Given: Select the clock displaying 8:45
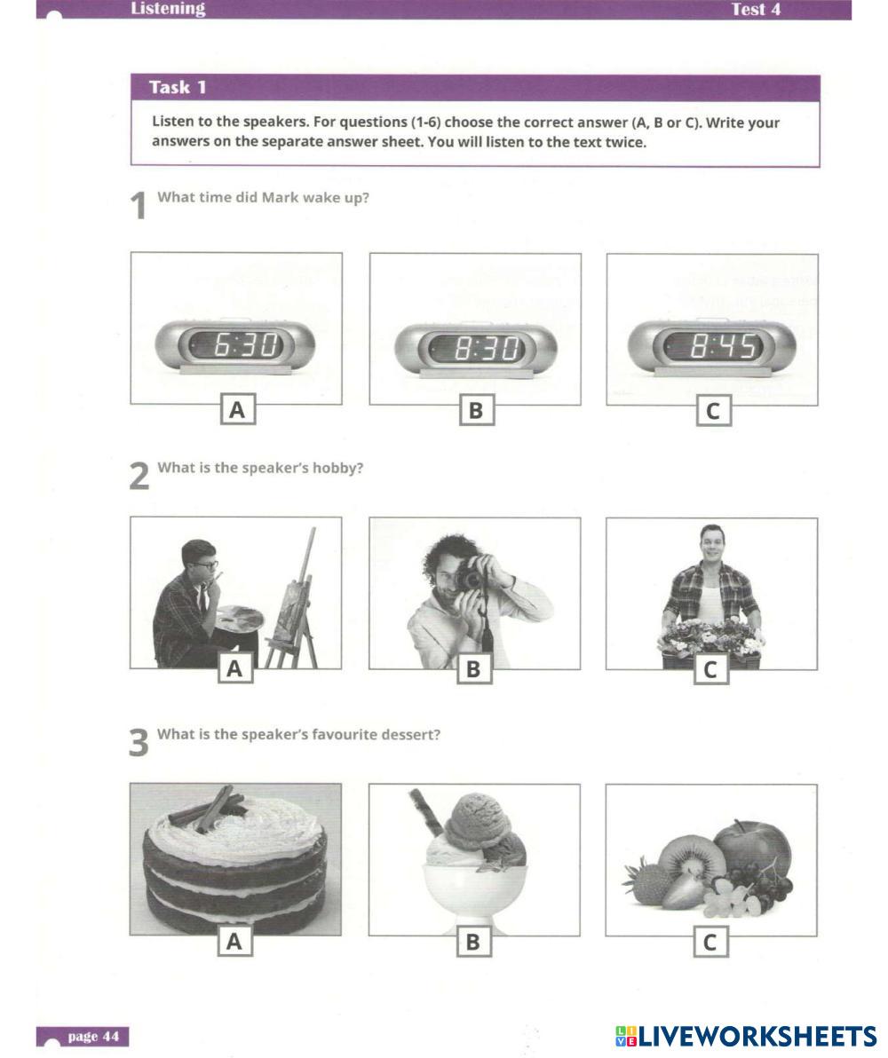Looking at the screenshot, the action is click(712, 348).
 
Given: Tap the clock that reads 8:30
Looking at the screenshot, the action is click(475, 349).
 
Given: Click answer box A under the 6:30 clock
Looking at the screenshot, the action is click(238, 409).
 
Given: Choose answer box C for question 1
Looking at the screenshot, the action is click(713, 411).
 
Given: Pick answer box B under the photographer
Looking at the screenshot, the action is click(474, 668).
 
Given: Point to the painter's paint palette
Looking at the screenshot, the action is click(239, 619).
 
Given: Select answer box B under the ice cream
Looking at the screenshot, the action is click(473, 941).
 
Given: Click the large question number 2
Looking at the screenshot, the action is click(139, 476).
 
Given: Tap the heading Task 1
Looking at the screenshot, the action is click(177, 88).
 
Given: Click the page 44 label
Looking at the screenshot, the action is click(93, 1036).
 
